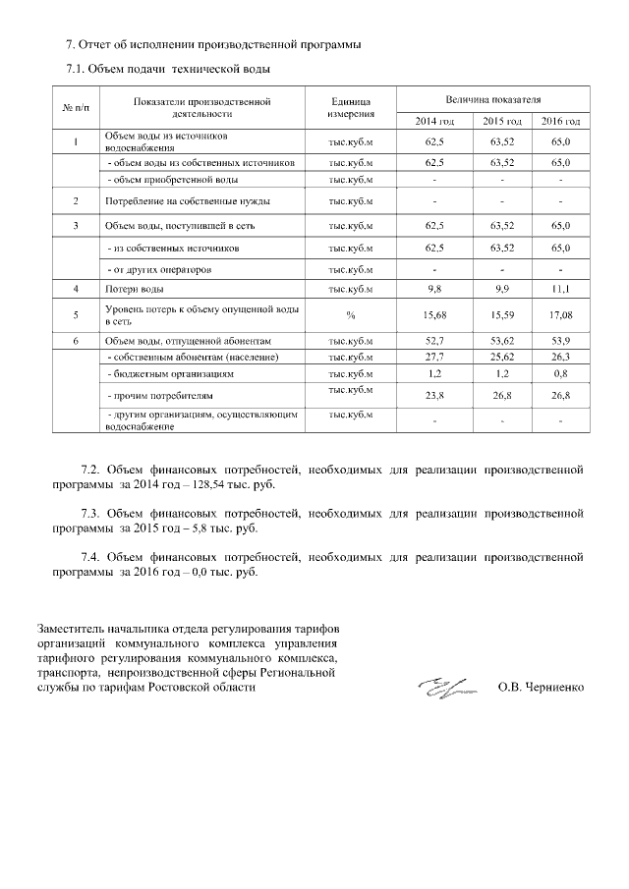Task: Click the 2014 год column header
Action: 433,121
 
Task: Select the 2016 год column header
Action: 560,121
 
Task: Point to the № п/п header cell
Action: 76,107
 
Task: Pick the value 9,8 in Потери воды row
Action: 433,289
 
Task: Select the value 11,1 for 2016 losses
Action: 560,289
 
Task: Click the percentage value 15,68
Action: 433,314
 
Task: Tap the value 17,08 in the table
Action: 560,314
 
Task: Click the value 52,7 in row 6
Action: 433,340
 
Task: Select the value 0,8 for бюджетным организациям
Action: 560,374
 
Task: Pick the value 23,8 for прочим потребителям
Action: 433,397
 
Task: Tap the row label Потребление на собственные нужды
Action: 173,201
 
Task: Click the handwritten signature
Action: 441,688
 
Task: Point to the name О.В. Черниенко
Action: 541,689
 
